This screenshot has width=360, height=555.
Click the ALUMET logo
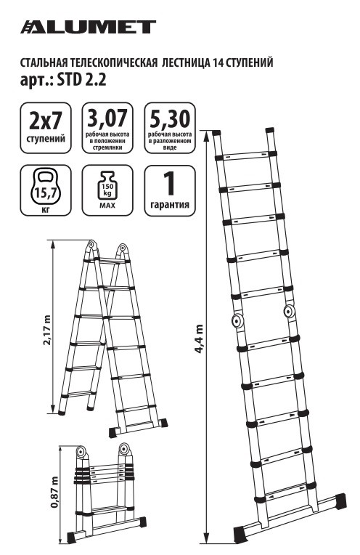(x=88, y=28)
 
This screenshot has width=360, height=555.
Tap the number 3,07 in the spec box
(x=107, y=118)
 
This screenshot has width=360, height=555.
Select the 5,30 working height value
(x=170, y=118)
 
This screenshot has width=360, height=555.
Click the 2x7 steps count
(x=46, y=121)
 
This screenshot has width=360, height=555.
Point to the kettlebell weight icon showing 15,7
(x=46, y=187)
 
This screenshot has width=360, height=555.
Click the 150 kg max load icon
(x=107, y=185)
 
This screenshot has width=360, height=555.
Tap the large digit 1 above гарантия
(x=169, y=183)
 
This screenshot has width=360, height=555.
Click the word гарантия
(x=170, y=205)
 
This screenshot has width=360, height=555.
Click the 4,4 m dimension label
(x=199, y=339)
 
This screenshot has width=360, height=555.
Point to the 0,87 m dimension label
(x=54, y=492)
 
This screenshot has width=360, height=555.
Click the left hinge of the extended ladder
(x=236, y=321)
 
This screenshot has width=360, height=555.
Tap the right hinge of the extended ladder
(x=289, y=312)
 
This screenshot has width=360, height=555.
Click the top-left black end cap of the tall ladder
(x=216, y=133)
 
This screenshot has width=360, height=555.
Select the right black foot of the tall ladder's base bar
(x=340, y=501)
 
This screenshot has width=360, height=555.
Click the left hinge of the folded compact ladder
(x=81, y=452)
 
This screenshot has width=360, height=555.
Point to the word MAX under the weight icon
(x=107, y=206)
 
